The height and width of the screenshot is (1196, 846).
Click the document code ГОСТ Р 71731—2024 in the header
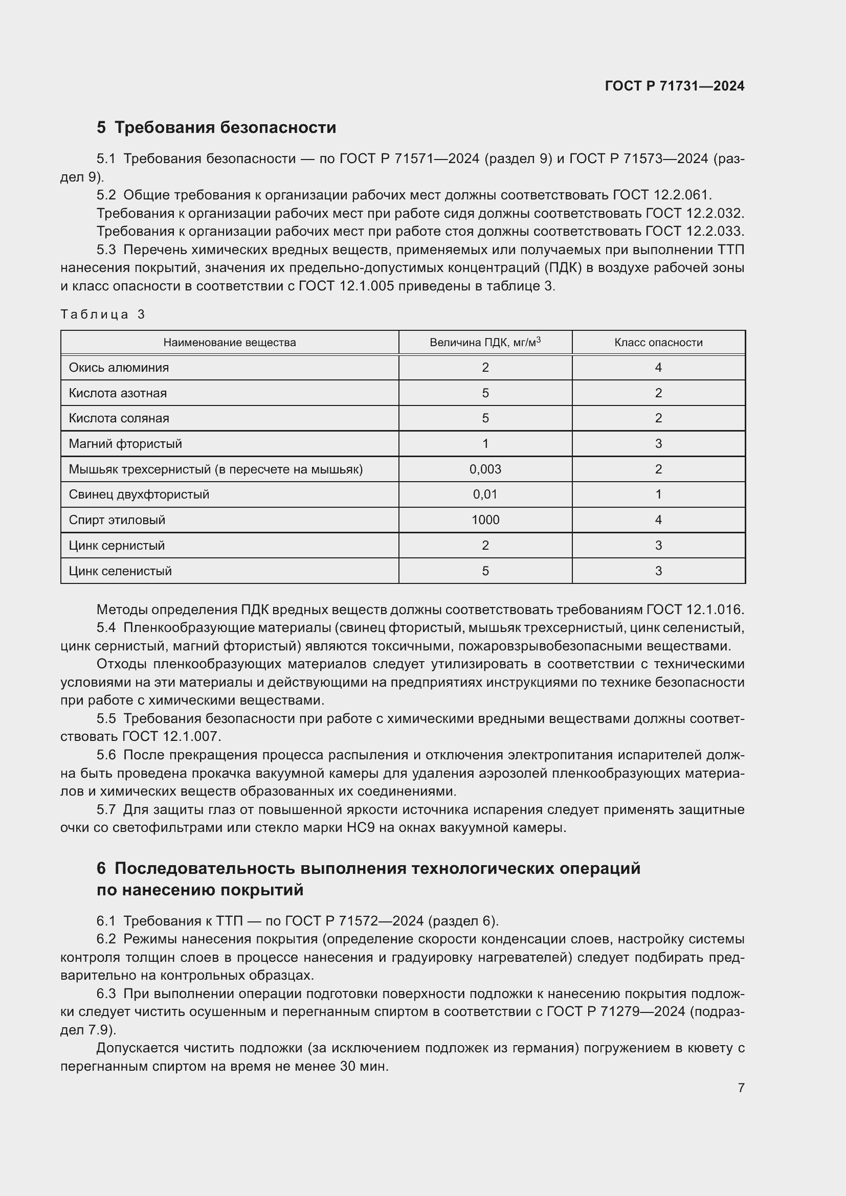pyautogui.click(x=674, y=86)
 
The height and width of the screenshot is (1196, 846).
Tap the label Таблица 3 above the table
pyautogui.click(x=103, y=314)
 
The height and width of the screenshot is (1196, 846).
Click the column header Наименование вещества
pyautogui.click(x=229, y=342)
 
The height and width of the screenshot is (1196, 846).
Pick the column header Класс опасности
pyautogui.click(x=658, y=342)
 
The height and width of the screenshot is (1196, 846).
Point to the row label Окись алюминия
pyautogui.click(x=119, y=368)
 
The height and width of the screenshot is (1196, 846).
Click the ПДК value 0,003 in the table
pyautogui.click(x=485, y=469)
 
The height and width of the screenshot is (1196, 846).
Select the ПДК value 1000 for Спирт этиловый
pyautogui.click(x=485, y=520)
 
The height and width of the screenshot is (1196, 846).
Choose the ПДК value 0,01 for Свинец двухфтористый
pyautogui.click(x=485, y=494)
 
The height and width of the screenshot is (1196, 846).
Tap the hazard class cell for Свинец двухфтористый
pyautogui.click(x=658, y=494)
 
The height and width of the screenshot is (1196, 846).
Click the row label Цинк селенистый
pyautogui.click(x=120, y=571)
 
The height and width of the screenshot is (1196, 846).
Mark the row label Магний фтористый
pyautogui.click(x=125, y=444)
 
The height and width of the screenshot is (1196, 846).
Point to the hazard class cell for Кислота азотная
pyautogui.click(x=658, y=393)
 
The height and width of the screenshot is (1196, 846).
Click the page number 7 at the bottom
pyautogui.click(x=741, y=1088)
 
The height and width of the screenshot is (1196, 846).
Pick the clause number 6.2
pyautogui.click(x=106, y=939)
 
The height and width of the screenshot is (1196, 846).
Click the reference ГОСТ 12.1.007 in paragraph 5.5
pyautogui.click(x=171, y=736)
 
